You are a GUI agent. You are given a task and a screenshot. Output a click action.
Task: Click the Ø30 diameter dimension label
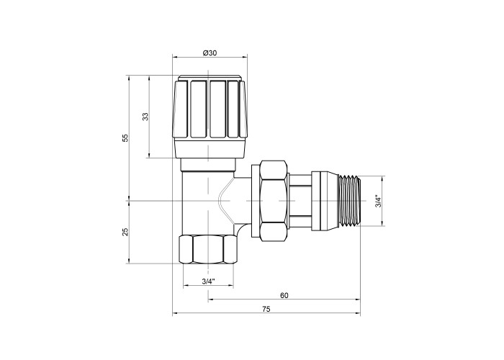tap(210, 53)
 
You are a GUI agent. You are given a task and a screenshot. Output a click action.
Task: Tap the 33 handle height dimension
tap(145, 117)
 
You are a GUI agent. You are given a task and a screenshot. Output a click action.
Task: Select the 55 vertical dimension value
tap(125, 138)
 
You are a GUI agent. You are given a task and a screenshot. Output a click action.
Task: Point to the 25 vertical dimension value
tap(125, 232)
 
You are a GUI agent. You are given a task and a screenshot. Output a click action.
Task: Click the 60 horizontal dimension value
tap(284, 295)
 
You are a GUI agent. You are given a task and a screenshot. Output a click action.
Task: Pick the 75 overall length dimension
tap(266, 309)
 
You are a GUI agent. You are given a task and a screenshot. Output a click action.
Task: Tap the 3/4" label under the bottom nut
tap(208, 282)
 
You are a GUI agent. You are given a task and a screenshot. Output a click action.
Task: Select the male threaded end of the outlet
tap(350, 201)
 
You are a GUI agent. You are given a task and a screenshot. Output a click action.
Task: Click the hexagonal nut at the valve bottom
tap(208, 250)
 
